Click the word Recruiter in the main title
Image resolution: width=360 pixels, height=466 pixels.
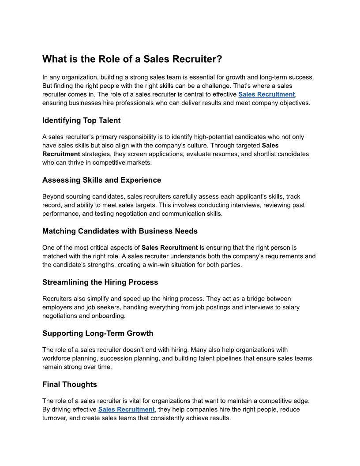(194, 59)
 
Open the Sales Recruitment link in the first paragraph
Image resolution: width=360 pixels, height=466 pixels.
(266, 94)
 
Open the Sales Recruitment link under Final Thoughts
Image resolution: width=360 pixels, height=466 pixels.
(126, 410)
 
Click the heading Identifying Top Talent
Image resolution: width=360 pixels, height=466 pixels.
(81, 120)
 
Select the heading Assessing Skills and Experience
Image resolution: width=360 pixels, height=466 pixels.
(101, 180)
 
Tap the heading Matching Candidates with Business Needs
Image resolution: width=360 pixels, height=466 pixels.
(120, 231)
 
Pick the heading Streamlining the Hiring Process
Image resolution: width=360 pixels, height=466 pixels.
(100, 282)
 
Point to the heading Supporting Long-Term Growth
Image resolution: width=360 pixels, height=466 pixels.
(97, 333)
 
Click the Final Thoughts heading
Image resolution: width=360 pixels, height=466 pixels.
(69, 384)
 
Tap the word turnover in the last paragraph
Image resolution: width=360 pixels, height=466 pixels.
(55, 418)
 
